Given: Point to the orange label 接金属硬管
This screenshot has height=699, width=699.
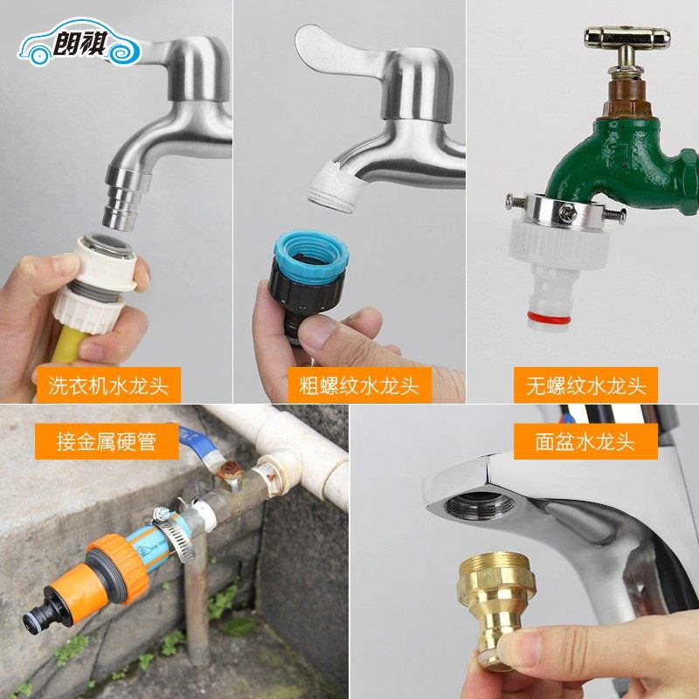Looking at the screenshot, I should pyautogui.click(x=94, y=442).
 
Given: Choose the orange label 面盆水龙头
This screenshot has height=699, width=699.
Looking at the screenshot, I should pyautogui.click(x=585, y=442).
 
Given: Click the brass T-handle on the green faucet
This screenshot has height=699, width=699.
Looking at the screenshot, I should pyautogui.click(x=626, y=38).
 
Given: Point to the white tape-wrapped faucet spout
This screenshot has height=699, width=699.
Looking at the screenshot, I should pyautogui.click(x=336, y=186).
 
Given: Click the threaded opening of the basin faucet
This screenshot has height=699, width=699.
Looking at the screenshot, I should pyautogui.click(x=475, y=505).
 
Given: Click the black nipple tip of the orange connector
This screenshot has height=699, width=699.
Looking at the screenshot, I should pyautogui.click(x=37, y=619).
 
